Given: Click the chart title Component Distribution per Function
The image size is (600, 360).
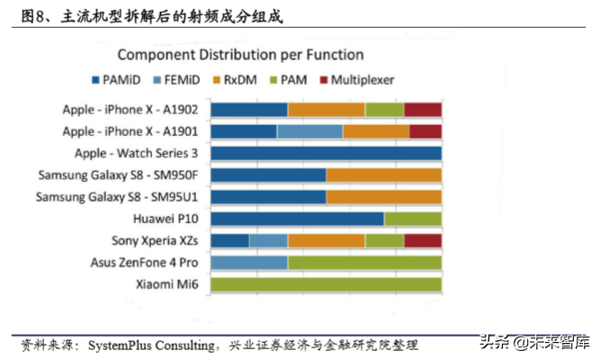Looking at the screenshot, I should [240, 55].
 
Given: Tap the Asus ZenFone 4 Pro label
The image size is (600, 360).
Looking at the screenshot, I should [144, 263].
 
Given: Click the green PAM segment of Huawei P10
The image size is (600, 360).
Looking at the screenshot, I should [413, 219].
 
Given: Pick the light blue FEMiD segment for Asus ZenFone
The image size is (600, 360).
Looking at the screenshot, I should [249, 263].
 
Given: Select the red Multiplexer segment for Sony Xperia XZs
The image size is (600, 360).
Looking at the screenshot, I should [423, 240].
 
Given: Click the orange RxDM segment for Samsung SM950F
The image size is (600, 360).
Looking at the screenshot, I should [383, 175].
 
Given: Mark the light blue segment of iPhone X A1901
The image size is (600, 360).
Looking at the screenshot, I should [309, 131].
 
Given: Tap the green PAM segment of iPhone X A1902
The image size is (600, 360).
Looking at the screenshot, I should [384, 110].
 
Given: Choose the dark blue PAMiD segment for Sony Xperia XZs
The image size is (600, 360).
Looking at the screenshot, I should [229, 240].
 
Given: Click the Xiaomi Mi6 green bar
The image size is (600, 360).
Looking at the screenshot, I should [326, 284].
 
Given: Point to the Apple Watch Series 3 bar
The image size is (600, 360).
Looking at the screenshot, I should [326, 153].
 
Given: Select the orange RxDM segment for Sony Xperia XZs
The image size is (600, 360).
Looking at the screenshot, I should [326, 240].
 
